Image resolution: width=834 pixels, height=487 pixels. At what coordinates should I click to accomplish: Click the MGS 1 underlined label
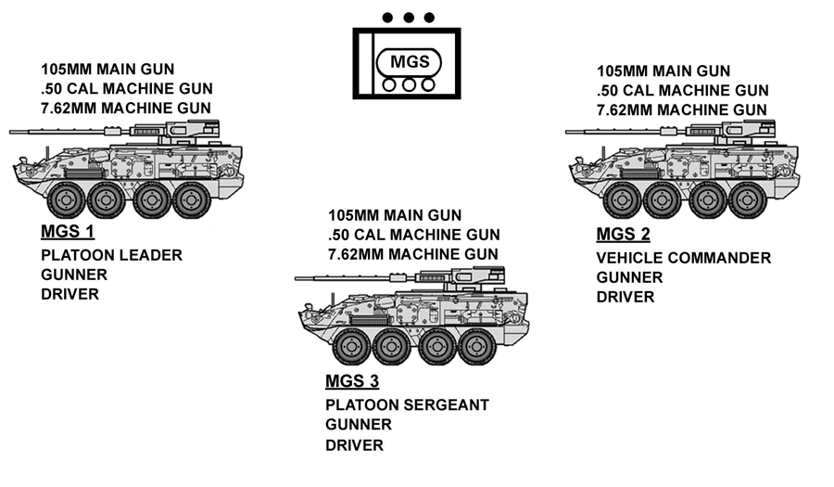68,231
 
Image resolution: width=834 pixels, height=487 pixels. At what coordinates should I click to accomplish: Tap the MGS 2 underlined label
624,234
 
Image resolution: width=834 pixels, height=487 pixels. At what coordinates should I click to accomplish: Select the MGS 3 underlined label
352,381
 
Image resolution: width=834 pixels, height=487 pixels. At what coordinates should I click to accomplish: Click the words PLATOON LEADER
111,255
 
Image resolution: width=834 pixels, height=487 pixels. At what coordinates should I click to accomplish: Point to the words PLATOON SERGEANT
407,405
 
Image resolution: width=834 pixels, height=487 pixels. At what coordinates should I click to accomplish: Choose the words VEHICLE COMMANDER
683,258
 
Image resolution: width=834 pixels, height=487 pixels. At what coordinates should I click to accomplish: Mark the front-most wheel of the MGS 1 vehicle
68,199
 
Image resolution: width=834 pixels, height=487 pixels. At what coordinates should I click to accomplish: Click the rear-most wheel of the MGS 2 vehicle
746,199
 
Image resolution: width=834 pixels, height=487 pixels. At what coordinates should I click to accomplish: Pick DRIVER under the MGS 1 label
69,294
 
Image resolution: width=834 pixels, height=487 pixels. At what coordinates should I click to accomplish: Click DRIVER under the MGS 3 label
354,444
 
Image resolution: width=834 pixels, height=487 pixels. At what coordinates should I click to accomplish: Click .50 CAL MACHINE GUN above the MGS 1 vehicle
127,89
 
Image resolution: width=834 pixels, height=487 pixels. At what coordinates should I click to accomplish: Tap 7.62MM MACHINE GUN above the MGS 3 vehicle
413,253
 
